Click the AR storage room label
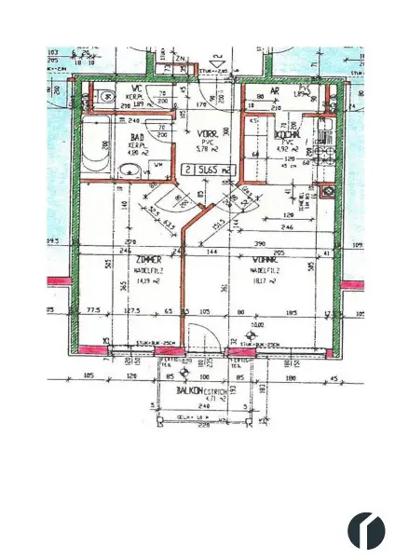tap(275, 91)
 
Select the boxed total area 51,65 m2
tap(207, 170)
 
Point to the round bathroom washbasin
tap(130, 170)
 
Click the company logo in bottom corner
tap(366, 529)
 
